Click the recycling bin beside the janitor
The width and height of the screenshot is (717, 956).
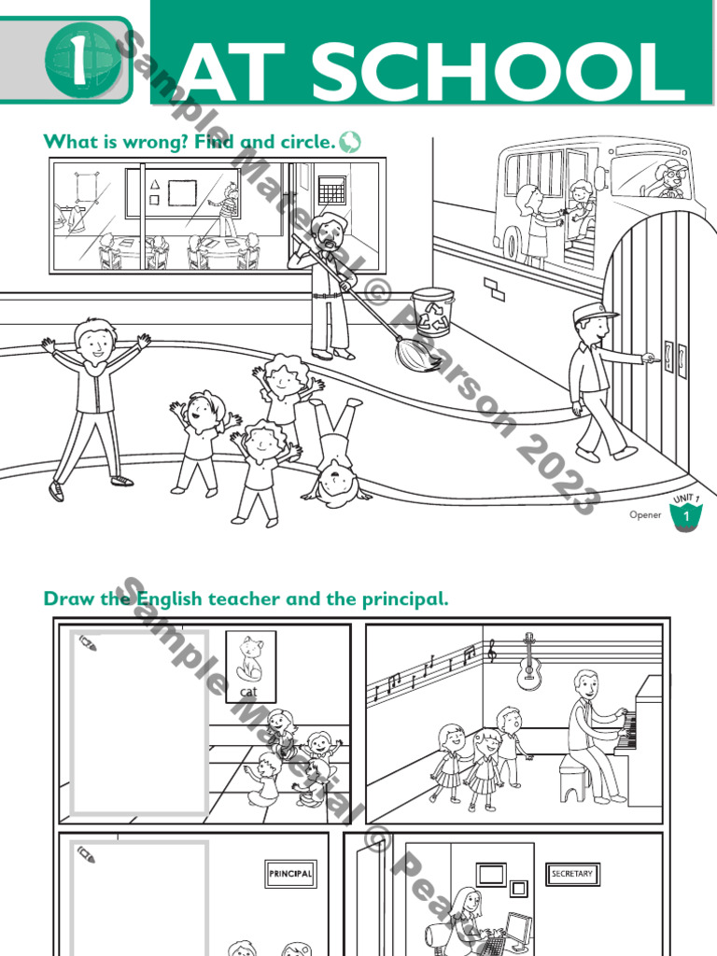[432, 312]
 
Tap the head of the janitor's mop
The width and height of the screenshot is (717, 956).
[417, 355]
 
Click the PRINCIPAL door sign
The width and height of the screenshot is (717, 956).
[290, 874]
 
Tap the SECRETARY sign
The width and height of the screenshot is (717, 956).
[572, 874]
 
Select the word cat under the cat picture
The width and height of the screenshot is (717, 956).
[249, 692]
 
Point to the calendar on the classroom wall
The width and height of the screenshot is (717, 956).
[331, 190]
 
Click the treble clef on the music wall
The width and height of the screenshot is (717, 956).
[492, 653]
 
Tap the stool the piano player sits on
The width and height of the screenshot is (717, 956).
[575, 777]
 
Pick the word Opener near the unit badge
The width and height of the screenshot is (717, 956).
[645, 514]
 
